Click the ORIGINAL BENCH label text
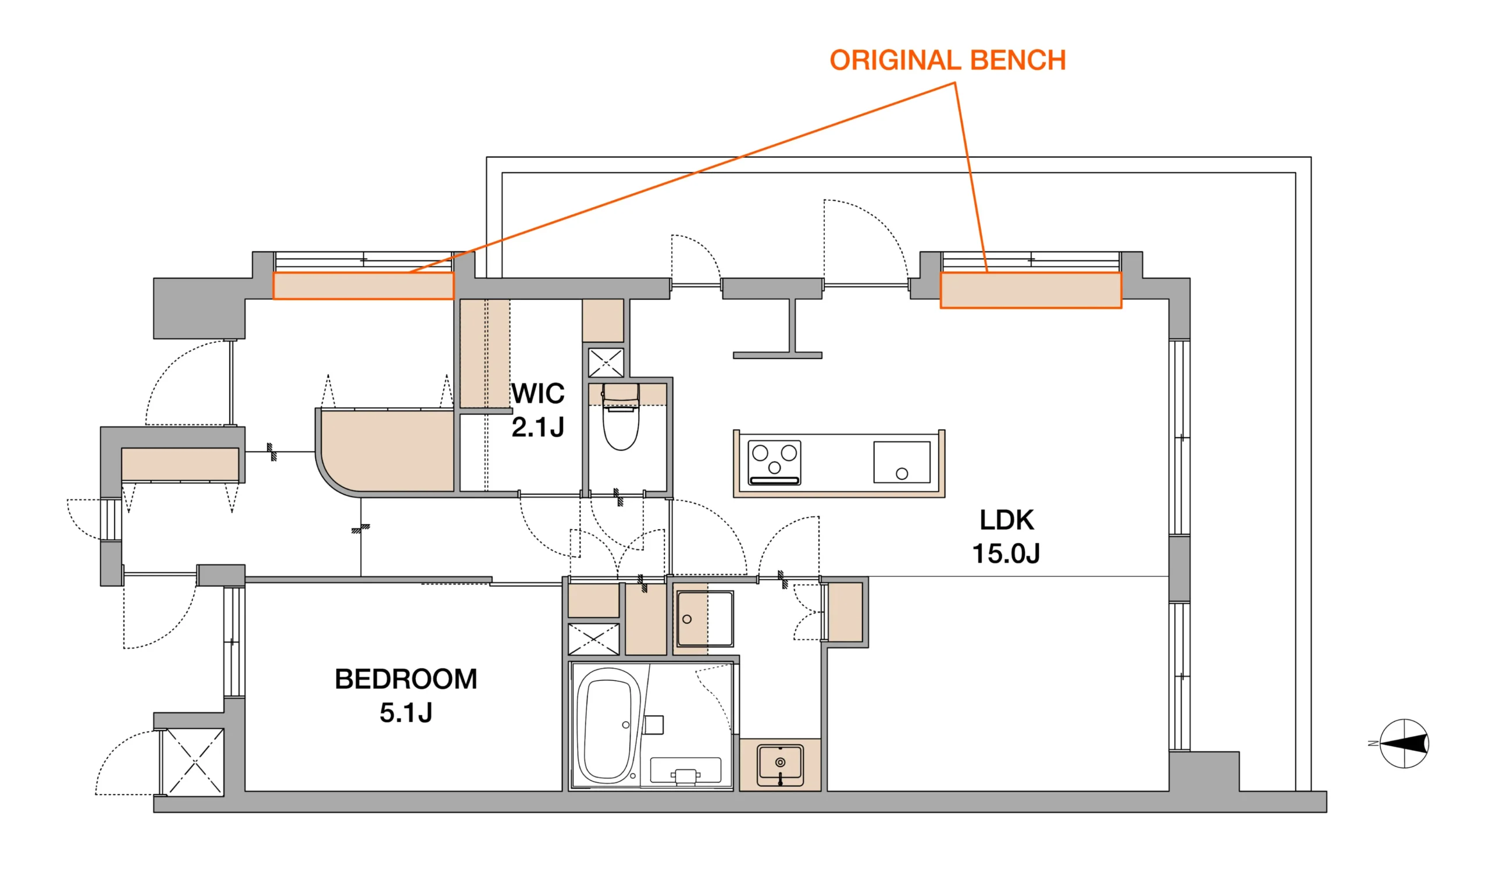pos(947,61)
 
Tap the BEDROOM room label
pos(405,680)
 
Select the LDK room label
pos(1006,520)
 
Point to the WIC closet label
pos(537,393)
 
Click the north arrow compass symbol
pos(1403,744)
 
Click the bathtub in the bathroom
pos(606,726)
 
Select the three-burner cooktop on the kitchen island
pos(774,463)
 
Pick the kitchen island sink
pos(902,462)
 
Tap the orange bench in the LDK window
pos(1030,290)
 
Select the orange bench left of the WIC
pos(363,286)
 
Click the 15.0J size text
pos(1006,554)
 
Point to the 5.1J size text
pos(405,713)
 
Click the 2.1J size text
pos(537,427)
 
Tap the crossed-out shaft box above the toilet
pos(605,363)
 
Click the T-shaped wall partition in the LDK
pos(778,328)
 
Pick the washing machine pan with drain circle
pos(704,619)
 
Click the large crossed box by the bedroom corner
pos(193,762)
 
